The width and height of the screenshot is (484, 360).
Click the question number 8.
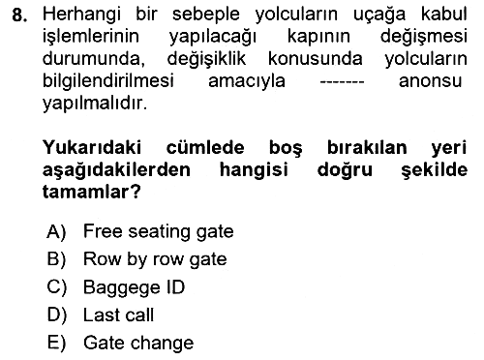19,15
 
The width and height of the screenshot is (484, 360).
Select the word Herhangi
81,15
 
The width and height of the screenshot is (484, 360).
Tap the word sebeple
206,15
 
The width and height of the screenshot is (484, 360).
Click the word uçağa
378,15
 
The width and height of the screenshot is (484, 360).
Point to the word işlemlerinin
91,38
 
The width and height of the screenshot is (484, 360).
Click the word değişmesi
424,38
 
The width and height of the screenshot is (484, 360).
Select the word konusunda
315,59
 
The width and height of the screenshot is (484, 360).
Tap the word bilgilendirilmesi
108,81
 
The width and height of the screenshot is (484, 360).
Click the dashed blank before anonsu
342,83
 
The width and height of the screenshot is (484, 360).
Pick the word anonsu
430,81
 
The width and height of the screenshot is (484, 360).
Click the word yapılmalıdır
95,104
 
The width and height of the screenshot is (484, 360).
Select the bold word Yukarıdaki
92,148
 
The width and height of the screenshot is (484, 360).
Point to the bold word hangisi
254,170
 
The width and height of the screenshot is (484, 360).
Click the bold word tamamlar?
92,192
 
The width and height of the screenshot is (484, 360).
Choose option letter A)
56,231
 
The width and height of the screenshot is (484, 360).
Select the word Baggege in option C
122,288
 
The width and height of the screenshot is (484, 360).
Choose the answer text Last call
118,315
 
